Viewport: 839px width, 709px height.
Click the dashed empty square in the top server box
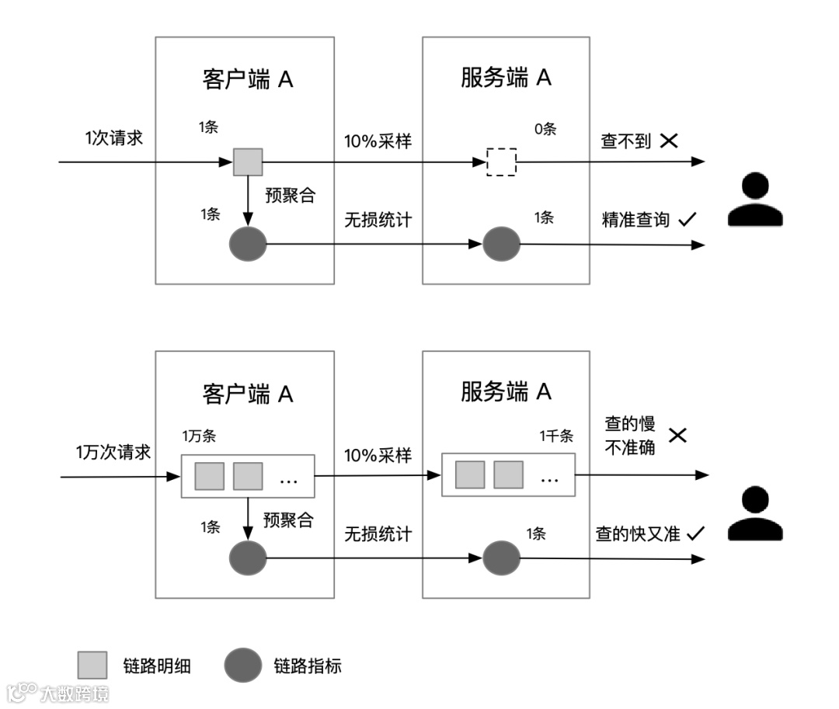[501, 162]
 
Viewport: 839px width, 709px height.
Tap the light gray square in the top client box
[248, 162]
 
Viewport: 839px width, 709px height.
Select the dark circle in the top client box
[248, 245]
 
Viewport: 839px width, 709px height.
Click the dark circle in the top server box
[501, 245]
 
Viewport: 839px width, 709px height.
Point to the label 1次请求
[114, 138]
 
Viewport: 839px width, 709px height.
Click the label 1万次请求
[113, 452]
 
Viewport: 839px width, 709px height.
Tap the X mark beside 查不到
[669, 141]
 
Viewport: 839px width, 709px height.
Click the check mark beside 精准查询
[686, 221]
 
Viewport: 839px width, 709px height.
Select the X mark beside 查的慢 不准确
[677, 435]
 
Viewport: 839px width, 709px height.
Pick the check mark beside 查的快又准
[695, 533]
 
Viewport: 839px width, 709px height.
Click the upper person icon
[754, 200]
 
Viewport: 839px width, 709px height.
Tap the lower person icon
[754, 514]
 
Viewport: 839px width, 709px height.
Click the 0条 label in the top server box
[545, 129]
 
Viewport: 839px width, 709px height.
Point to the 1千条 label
[556, 436]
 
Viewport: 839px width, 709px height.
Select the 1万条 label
[199, 436]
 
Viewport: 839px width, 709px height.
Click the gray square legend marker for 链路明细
[92, 666]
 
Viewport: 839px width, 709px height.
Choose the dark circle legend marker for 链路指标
[243, 666]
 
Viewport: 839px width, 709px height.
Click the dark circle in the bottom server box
[501, 558]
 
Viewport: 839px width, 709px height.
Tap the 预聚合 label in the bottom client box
[288, 520]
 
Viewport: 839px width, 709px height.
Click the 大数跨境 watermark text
[75, 693]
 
